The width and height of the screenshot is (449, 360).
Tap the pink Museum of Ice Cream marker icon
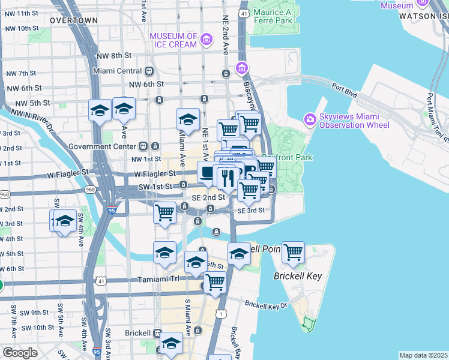pos(206,40)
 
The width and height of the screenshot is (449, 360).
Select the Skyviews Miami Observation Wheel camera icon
pos(310,119)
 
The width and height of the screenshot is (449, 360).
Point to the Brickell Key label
pos(298,276)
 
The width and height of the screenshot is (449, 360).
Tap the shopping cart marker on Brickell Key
pos(293,253)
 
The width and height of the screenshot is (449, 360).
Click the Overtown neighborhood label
pos(73,20)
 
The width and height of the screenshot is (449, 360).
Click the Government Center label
pos(102,146)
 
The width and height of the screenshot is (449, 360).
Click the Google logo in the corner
pos(20,353)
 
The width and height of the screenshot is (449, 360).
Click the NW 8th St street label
pos(113,56)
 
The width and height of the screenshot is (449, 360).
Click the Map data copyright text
pos(423,355)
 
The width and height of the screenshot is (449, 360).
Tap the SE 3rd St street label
pos(251,211)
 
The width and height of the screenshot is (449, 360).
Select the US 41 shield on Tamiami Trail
pos(99,280)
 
